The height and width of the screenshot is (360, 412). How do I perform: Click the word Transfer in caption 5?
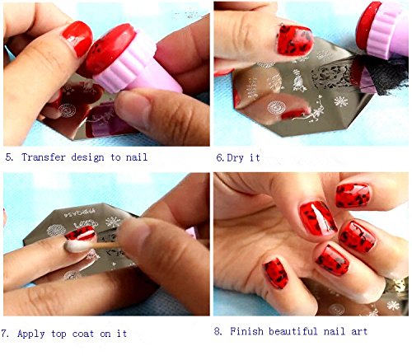click(x=44, y=157)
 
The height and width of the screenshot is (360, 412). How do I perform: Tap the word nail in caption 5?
click(x=137, y=157)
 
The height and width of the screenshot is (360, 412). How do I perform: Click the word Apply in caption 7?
click(x=30, y=334)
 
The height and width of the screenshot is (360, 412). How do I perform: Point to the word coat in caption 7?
click(x=83, y=334)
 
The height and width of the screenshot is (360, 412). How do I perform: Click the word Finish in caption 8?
click(x=246, y=331)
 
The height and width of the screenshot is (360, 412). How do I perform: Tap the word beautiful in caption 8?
click(x=293, y=331)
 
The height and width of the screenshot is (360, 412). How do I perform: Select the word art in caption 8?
click(x=359, y=331)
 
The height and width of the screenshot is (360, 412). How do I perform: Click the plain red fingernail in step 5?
click(x=78, y=38)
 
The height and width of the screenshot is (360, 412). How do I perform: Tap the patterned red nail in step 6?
click(x=295, y=40)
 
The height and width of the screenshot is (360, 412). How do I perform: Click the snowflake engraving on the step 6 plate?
click(x=341, y=101)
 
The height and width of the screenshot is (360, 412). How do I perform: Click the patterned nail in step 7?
click(x=80, y=233)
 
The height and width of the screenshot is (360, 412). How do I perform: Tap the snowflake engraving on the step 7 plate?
click(x=113, y=222)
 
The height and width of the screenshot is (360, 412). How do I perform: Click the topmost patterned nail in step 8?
click(x=353, y=195)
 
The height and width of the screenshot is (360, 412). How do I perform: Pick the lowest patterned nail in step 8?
click(x=275, y=273)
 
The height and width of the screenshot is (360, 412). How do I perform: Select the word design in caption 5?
click(x=87, y=157)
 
